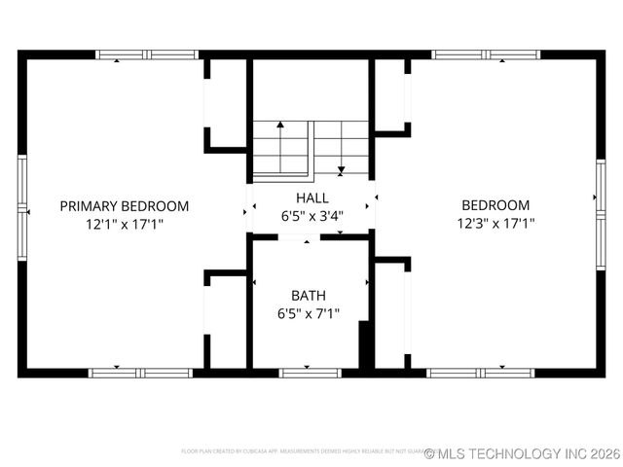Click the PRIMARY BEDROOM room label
click(x=124, y=206)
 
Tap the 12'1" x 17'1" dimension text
click(x=124, y=224)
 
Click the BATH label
click(x=309, y=296)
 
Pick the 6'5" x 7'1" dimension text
click(x=309, y=313)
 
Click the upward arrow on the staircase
click(x=280, y=126)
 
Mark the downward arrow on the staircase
click(x=341, y=170)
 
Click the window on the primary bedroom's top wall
click(x=146, y=55)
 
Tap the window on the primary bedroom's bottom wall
click(x=140, y=372)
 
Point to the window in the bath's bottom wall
click(x=310, y=372)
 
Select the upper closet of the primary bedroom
click(x=225, y=102)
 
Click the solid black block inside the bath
click(x=366, y=345)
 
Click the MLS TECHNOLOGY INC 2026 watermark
click(x=522, y=453)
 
